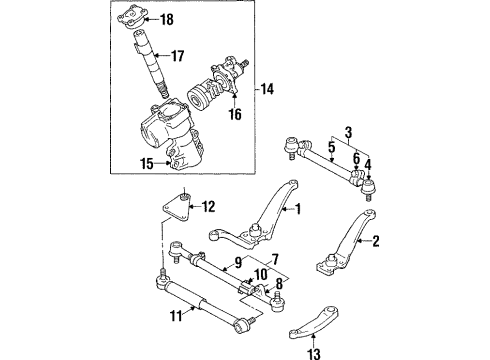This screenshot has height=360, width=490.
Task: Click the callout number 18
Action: (x=167, y=19)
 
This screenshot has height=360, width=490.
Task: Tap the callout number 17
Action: (x=177, y=56)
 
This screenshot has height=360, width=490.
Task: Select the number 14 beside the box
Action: (x=267, y=89)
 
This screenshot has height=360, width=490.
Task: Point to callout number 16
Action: (x=235, y=114)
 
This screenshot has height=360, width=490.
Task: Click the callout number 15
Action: (x=147, y=164)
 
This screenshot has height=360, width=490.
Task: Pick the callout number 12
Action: (x=208, y=207)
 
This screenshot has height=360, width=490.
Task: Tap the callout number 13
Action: (x=314, y=353)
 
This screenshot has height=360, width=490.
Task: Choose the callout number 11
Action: (x=176, y=315)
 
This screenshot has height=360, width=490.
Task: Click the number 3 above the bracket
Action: (x=348, y=132)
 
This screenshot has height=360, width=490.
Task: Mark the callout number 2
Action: (x=376, y=241)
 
